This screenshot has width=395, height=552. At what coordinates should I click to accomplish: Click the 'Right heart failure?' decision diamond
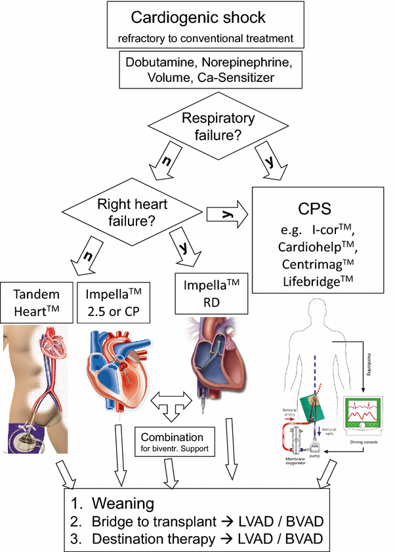tap(132, 211)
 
